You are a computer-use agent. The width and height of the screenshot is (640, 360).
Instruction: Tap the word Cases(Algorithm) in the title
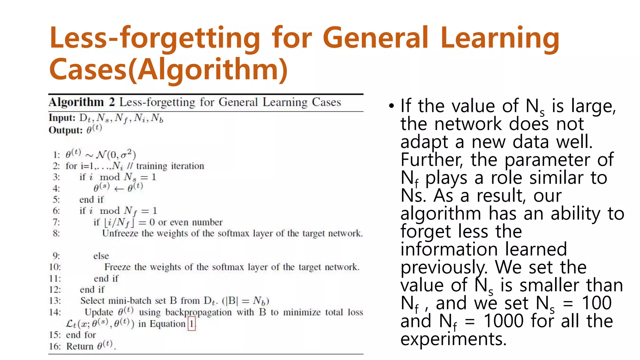click(168, 69)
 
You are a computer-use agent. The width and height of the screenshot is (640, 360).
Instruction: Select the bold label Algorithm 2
click(82, 102)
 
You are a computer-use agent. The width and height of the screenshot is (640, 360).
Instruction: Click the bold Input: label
click(62, 118)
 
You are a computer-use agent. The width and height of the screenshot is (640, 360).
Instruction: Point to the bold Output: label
click(66, 130)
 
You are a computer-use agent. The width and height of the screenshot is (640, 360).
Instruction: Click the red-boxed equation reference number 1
click(192, 324)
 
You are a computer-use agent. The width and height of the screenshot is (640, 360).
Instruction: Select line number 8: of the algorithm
click(56, 233)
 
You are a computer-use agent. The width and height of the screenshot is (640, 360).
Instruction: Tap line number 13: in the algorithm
click(55, 301)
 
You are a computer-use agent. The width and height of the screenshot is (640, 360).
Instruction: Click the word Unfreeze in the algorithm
click(120, 233)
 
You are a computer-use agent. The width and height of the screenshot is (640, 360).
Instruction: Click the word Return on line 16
click(80, 346)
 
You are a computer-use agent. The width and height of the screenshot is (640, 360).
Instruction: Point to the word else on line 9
click(101, 256)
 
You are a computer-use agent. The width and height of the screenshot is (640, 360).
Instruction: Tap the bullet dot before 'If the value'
click(392, 106)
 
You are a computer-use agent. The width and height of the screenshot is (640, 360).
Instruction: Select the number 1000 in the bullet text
click(503, 321)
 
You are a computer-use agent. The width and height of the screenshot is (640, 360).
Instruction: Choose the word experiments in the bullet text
click(453, 339)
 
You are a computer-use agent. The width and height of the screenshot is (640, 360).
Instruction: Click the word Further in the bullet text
click(432, 160)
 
